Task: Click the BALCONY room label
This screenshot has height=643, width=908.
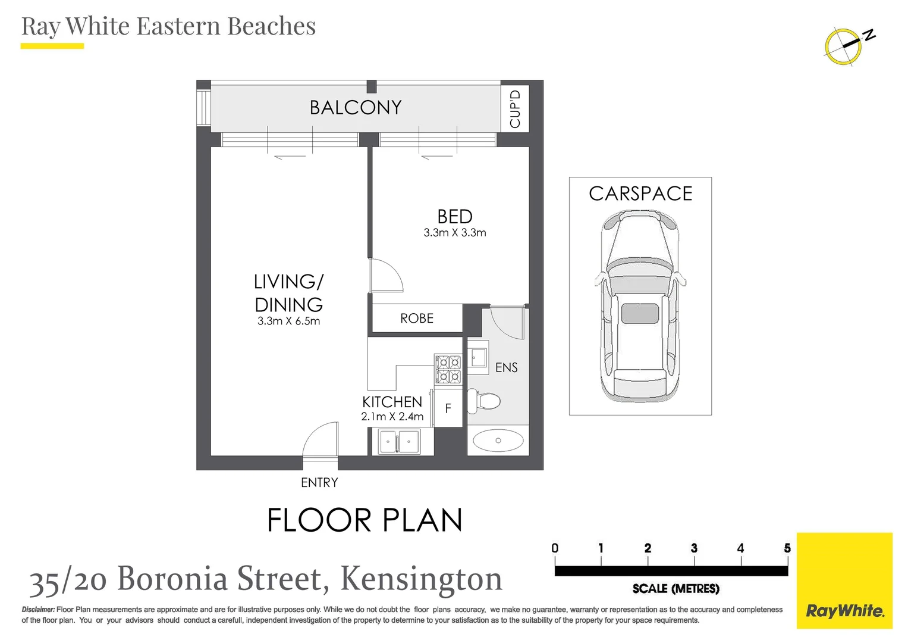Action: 356,108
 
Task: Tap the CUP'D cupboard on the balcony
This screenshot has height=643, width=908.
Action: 515,108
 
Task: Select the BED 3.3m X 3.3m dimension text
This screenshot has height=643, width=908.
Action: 455,233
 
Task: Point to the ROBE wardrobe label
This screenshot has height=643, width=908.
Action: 417,319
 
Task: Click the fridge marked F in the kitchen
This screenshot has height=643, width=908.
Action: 448,408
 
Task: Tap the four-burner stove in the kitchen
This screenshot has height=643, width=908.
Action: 448,369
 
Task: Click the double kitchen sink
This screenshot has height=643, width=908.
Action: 399,442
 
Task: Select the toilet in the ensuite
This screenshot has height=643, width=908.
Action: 484,401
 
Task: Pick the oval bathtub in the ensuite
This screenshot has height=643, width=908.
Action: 498,441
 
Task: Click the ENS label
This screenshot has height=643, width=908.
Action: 506,367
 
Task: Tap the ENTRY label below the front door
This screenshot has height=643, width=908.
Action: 319,483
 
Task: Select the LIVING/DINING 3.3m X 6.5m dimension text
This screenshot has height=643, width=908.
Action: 288,321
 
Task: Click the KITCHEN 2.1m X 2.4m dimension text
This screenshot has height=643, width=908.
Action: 392,417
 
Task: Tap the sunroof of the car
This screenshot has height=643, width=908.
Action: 640,313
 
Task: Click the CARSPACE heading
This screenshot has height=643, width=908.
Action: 640,193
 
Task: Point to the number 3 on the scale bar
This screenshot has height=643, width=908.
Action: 694,548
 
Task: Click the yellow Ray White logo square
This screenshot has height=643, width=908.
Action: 845,580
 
